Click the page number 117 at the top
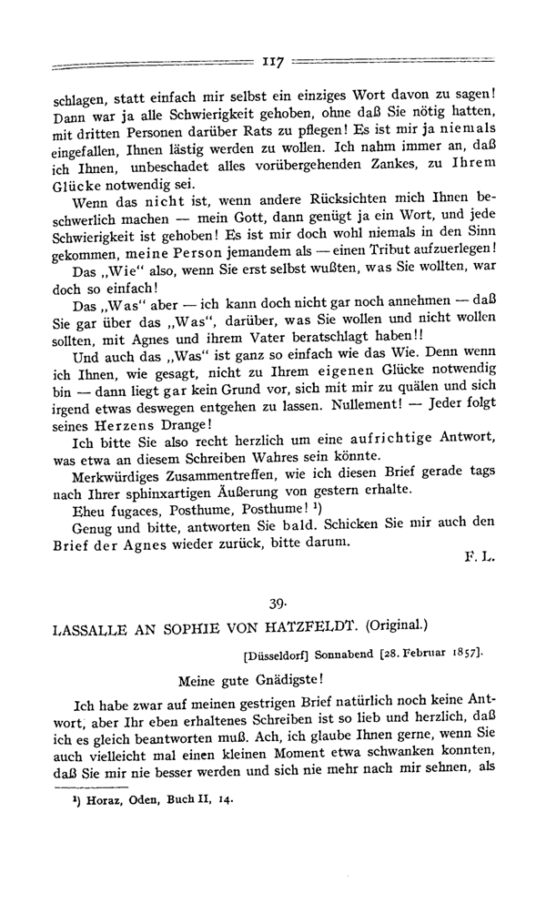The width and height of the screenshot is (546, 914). pos(273,63)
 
